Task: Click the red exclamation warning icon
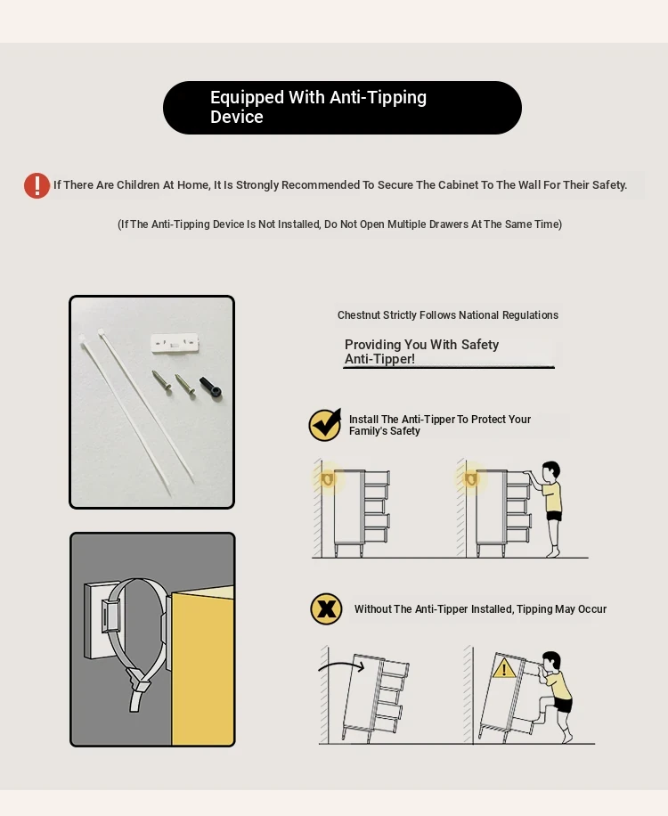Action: click(x=37, y=186)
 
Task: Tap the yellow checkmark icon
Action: click(x=325, y=425)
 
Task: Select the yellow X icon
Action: click(x=326, y=608)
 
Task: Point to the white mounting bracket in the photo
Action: click(x=175, y=343)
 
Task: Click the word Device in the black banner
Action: click(x=237, y=117)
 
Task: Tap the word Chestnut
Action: click(x=358, y=314)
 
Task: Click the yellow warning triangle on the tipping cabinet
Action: click(x=503, y=668)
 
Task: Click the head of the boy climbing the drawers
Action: click(x=551, y=662)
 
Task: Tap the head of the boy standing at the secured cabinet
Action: click(x=551, y=472)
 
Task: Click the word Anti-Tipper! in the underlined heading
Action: click(x=379, y=359)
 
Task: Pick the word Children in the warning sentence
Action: click(x=138, y=184)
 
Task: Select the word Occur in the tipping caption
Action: click(x=592, y=608)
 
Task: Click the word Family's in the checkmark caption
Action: click(x=366, y=431)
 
